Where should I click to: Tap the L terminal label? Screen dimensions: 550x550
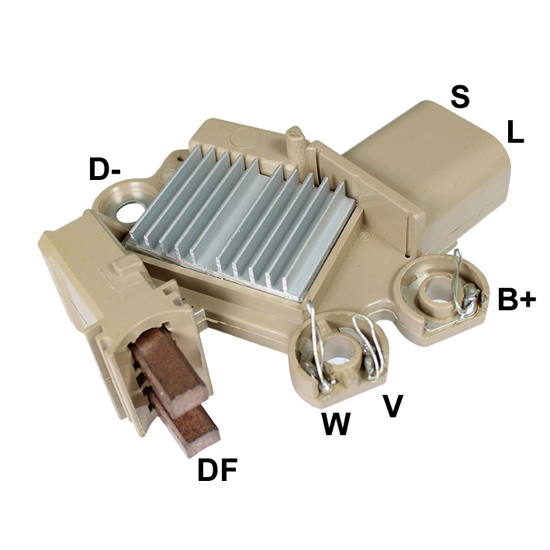coord(515,132)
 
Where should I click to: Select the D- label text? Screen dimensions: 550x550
coord(105,169)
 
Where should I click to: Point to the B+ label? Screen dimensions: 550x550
coord(517,299)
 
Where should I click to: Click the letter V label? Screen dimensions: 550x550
coord(393,406)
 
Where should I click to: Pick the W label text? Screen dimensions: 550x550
coord(336,424)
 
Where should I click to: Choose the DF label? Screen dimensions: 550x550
coord(217,470)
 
